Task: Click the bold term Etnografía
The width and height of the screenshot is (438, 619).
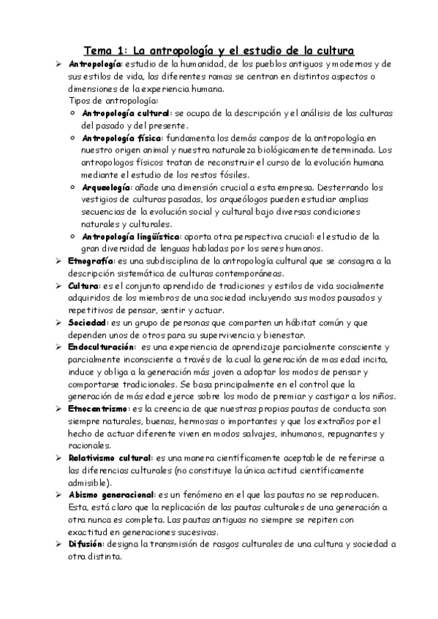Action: coord(91,261)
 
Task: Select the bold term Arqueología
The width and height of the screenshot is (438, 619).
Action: coord(106,187)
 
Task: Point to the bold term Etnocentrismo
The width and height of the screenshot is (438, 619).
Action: coord(98,409)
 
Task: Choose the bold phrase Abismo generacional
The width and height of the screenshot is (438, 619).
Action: coord(111,495)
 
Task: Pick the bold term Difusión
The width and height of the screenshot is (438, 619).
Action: coord(86,544)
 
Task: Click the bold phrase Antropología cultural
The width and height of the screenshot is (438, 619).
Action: coord(125,113)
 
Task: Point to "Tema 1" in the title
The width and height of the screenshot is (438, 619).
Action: coord(105,50)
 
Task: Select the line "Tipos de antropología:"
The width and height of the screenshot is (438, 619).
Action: coord(113,101)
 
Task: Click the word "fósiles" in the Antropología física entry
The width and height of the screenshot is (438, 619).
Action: coord(230,174)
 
